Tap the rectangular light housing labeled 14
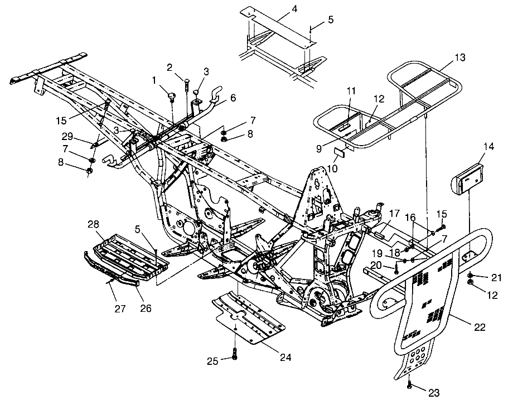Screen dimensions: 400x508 click(x=470, y=176)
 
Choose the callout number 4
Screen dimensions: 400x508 click(x=279, y=9)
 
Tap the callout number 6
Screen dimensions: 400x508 click(x=233, y=98)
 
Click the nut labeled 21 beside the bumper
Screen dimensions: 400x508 click(x=472, y=276)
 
